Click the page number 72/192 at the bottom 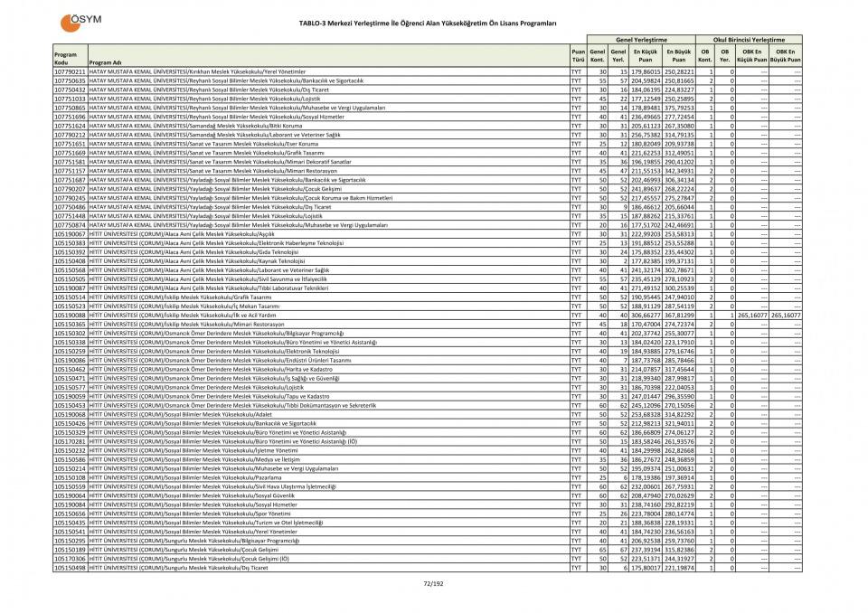(x=433, y=583)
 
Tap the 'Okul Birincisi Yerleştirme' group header (x=749, y=40)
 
